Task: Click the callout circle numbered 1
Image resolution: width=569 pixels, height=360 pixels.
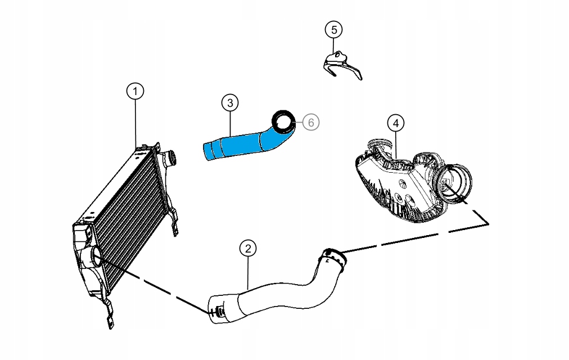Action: (135, 91)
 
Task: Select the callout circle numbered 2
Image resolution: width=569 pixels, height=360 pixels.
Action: (248, 247)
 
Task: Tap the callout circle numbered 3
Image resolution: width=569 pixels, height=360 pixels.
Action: (229, 102)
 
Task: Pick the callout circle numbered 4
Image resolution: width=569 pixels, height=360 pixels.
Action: (396, 122)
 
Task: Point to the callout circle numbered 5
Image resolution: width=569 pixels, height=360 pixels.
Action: (333, 29)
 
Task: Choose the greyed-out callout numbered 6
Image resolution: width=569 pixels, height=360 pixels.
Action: (311, 121)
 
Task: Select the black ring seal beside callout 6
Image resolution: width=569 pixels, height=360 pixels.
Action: (284, 120)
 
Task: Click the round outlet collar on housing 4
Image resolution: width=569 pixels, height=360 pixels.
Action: (457, 183)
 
